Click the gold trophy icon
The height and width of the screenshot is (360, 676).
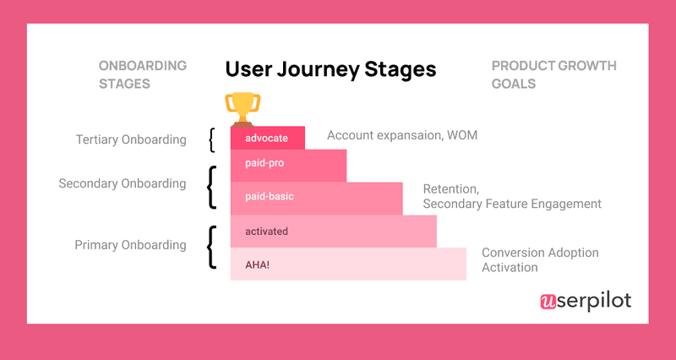[242, 108]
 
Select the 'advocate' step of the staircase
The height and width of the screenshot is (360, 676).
[267, 138]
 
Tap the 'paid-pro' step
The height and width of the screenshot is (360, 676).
[288, 166]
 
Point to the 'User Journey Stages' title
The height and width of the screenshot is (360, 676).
[330, 68]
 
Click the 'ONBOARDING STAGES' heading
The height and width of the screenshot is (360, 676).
[143, 74]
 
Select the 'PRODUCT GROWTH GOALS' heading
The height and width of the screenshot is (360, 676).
[553, 74]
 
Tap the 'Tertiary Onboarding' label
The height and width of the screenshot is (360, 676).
[130, 139]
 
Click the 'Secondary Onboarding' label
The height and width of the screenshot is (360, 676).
[123, 183]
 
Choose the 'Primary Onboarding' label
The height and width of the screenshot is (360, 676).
[130, 245]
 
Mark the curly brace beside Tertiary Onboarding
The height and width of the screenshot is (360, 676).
[212, 139]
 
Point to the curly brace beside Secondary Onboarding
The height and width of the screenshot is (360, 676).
[211, 187]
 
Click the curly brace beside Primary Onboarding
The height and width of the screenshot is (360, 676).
[211, 247]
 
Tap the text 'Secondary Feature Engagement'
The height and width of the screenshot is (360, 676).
[511, 204]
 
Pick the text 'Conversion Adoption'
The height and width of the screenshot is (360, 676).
[540, 253]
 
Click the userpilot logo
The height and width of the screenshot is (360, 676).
[585, 301]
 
